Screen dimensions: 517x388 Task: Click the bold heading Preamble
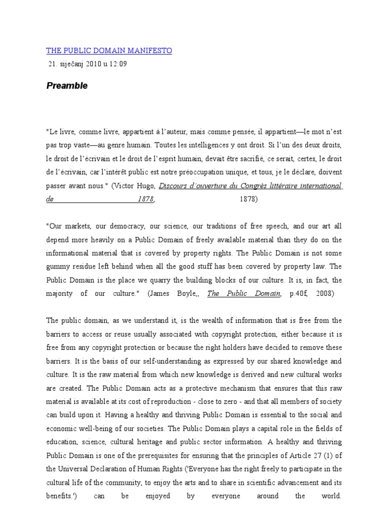click(x=67, y=86)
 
